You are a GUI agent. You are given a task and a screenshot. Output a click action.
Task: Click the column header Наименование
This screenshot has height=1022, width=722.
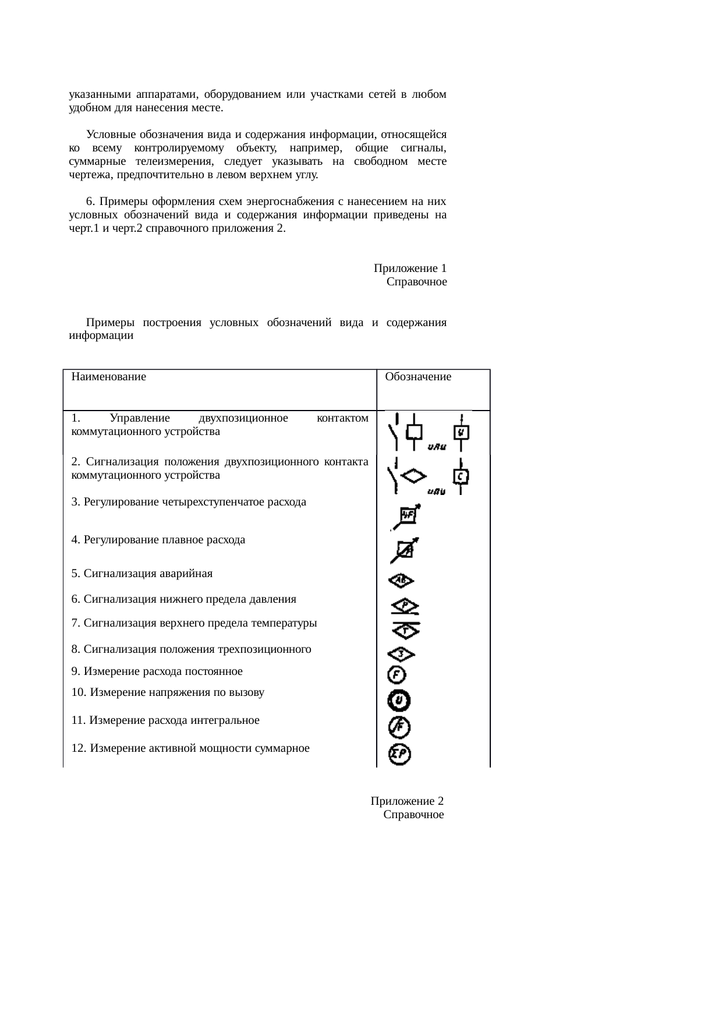tap(108, 377)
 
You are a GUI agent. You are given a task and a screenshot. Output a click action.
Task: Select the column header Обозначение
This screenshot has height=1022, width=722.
tap(418, 377)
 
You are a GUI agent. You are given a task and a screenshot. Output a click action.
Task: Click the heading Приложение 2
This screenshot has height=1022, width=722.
tap(407, 801)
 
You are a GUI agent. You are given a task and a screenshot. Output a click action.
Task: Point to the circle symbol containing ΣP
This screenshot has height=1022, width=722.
tap(400, 755)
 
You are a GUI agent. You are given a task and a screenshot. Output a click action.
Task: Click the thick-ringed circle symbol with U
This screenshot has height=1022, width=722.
tap(399, 701)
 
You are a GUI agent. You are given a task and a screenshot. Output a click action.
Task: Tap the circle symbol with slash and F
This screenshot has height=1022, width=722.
tap(400, 727)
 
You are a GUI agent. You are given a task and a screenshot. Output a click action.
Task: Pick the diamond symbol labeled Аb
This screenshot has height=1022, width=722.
tap(401, 581)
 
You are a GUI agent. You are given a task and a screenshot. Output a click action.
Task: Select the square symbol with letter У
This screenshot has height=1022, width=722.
tap(461, 433)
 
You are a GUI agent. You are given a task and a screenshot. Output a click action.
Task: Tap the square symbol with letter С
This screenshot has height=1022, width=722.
tap(461, 476)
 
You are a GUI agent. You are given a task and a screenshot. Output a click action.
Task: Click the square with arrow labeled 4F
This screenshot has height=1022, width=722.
tap(408, 515)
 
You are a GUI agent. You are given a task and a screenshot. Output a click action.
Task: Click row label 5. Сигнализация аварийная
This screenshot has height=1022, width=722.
tap(141, 574)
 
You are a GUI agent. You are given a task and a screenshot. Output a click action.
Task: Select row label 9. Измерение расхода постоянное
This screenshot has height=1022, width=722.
tap(157, 671)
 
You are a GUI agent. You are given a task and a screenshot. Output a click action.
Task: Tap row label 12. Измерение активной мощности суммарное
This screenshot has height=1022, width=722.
tap(190, 748)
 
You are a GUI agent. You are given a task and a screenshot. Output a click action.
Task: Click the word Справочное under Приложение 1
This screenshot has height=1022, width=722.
tap(416, 282)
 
